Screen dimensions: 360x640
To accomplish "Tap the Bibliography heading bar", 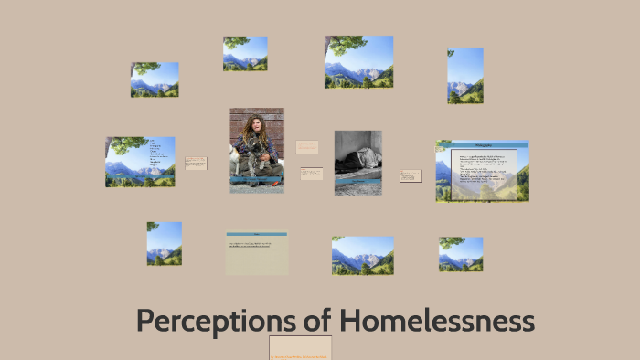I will (x=484, y=143).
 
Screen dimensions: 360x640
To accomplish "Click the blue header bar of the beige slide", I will (x=256, y=234).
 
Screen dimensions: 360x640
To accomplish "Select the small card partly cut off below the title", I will (x=300, y=348).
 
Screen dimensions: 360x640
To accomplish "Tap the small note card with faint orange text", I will (x=307, y=146).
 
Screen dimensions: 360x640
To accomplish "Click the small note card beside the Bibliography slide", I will (x=411, y=175).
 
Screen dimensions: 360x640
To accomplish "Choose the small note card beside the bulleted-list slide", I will (x=196, y=163).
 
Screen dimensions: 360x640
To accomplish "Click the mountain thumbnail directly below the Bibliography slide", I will (x=461, y=254).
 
